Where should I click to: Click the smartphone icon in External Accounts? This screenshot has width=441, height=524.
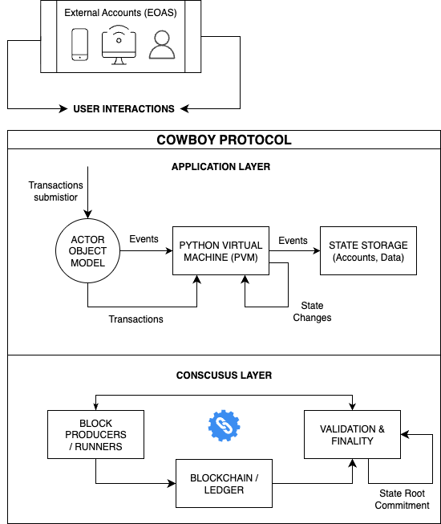tap(80, 44)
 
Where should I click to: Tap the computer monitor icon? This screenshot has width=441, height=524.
tap(119, 45)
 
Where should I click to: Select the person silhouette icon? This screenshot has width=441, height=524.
tap(162, 45)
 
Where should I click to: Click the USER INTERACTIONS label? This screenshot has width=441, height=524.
tap(123, 109)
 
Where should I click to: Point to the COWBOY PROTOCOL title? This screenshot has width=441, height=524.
tap(224, 140)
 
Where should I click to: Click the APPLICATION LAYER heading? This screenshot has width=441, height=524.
tap(220, 167)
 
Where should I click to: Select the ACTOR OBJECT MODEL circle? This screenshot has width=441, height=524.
tap(88, 251)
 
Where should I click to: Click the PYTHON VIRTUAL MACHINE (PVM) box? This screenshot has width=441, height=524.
tap(220, 251)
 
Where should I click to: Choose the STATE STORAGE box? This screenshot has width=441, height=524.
tap(368, 251)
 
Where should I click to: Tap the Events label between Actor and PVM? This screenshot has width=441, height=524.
tap(144, 239)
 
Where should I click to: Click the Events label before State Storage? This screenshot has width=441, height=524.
tap(293, 241)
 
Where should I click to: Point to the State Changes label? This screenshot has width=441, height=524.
tap(312, 311)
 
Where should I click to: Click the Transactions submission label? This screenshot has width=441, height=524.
tap(56, 191)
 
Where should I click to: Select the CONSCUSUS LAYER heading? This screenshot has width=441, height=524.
tap(224, 376)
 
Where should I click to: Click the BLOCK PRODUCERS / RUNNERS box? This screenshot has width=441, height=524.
tap(95, 434)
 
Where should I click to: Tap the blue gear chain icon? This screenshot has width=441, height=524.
tap(224, 426)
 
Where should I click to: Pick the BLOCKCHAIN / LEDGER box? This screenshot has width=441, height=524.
tap(224, 484)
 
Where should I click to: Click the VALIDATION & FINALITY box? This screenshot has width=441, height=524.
tap(352, 434)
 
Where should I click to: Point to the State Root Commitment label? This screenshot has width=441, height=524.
tap(402, 499)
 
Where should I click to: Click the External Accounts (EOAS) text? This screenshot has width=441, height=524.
tap(120, 13)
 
